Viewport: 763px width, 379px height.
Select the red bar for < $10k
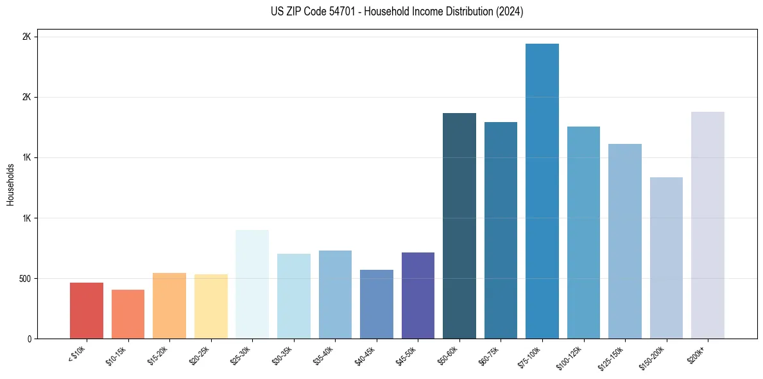coord(87,311)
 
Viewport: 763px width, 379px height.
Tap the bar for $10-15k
coord(128,314)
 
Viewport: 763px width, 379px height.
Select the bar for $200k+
coord(708,225)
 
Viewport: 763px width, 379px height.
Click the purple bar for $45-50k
coord(418,295)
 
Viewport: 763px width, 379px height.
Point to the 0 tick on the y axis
coord(30,339)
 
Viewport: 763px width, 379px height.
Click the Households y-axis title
coord(10,184)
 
